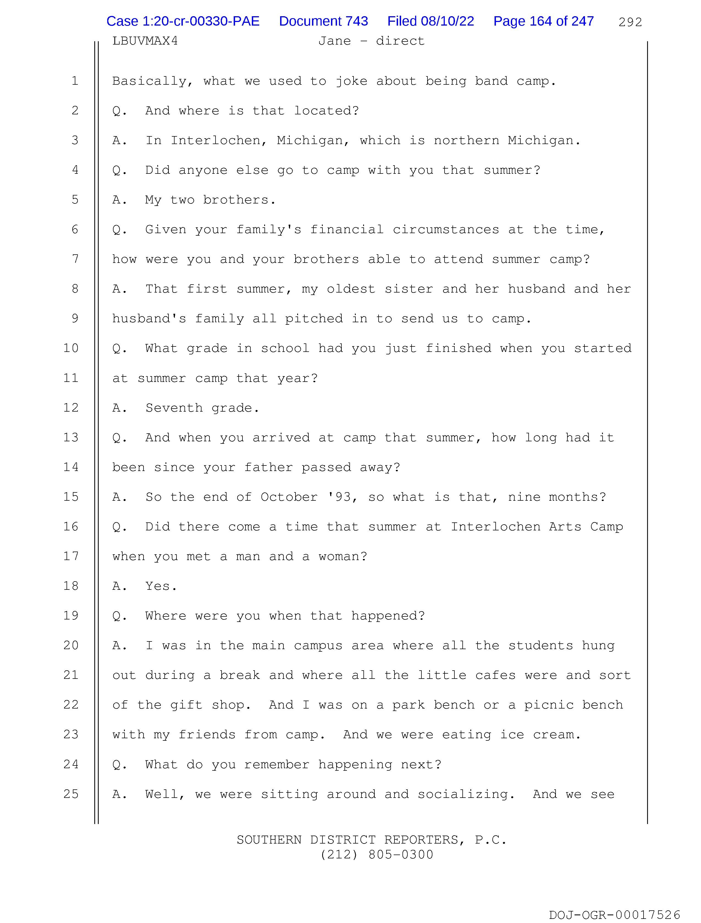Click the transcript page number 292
click(630, 22)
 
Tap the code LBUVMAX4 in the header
click(145, 41)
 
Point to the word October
click(289, 497)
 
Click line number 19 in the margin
click(71, 616)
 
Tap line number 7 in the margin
click(75, 259)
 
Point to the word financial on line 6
click(347, 230)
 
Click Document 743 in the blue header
click(323, 21)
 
